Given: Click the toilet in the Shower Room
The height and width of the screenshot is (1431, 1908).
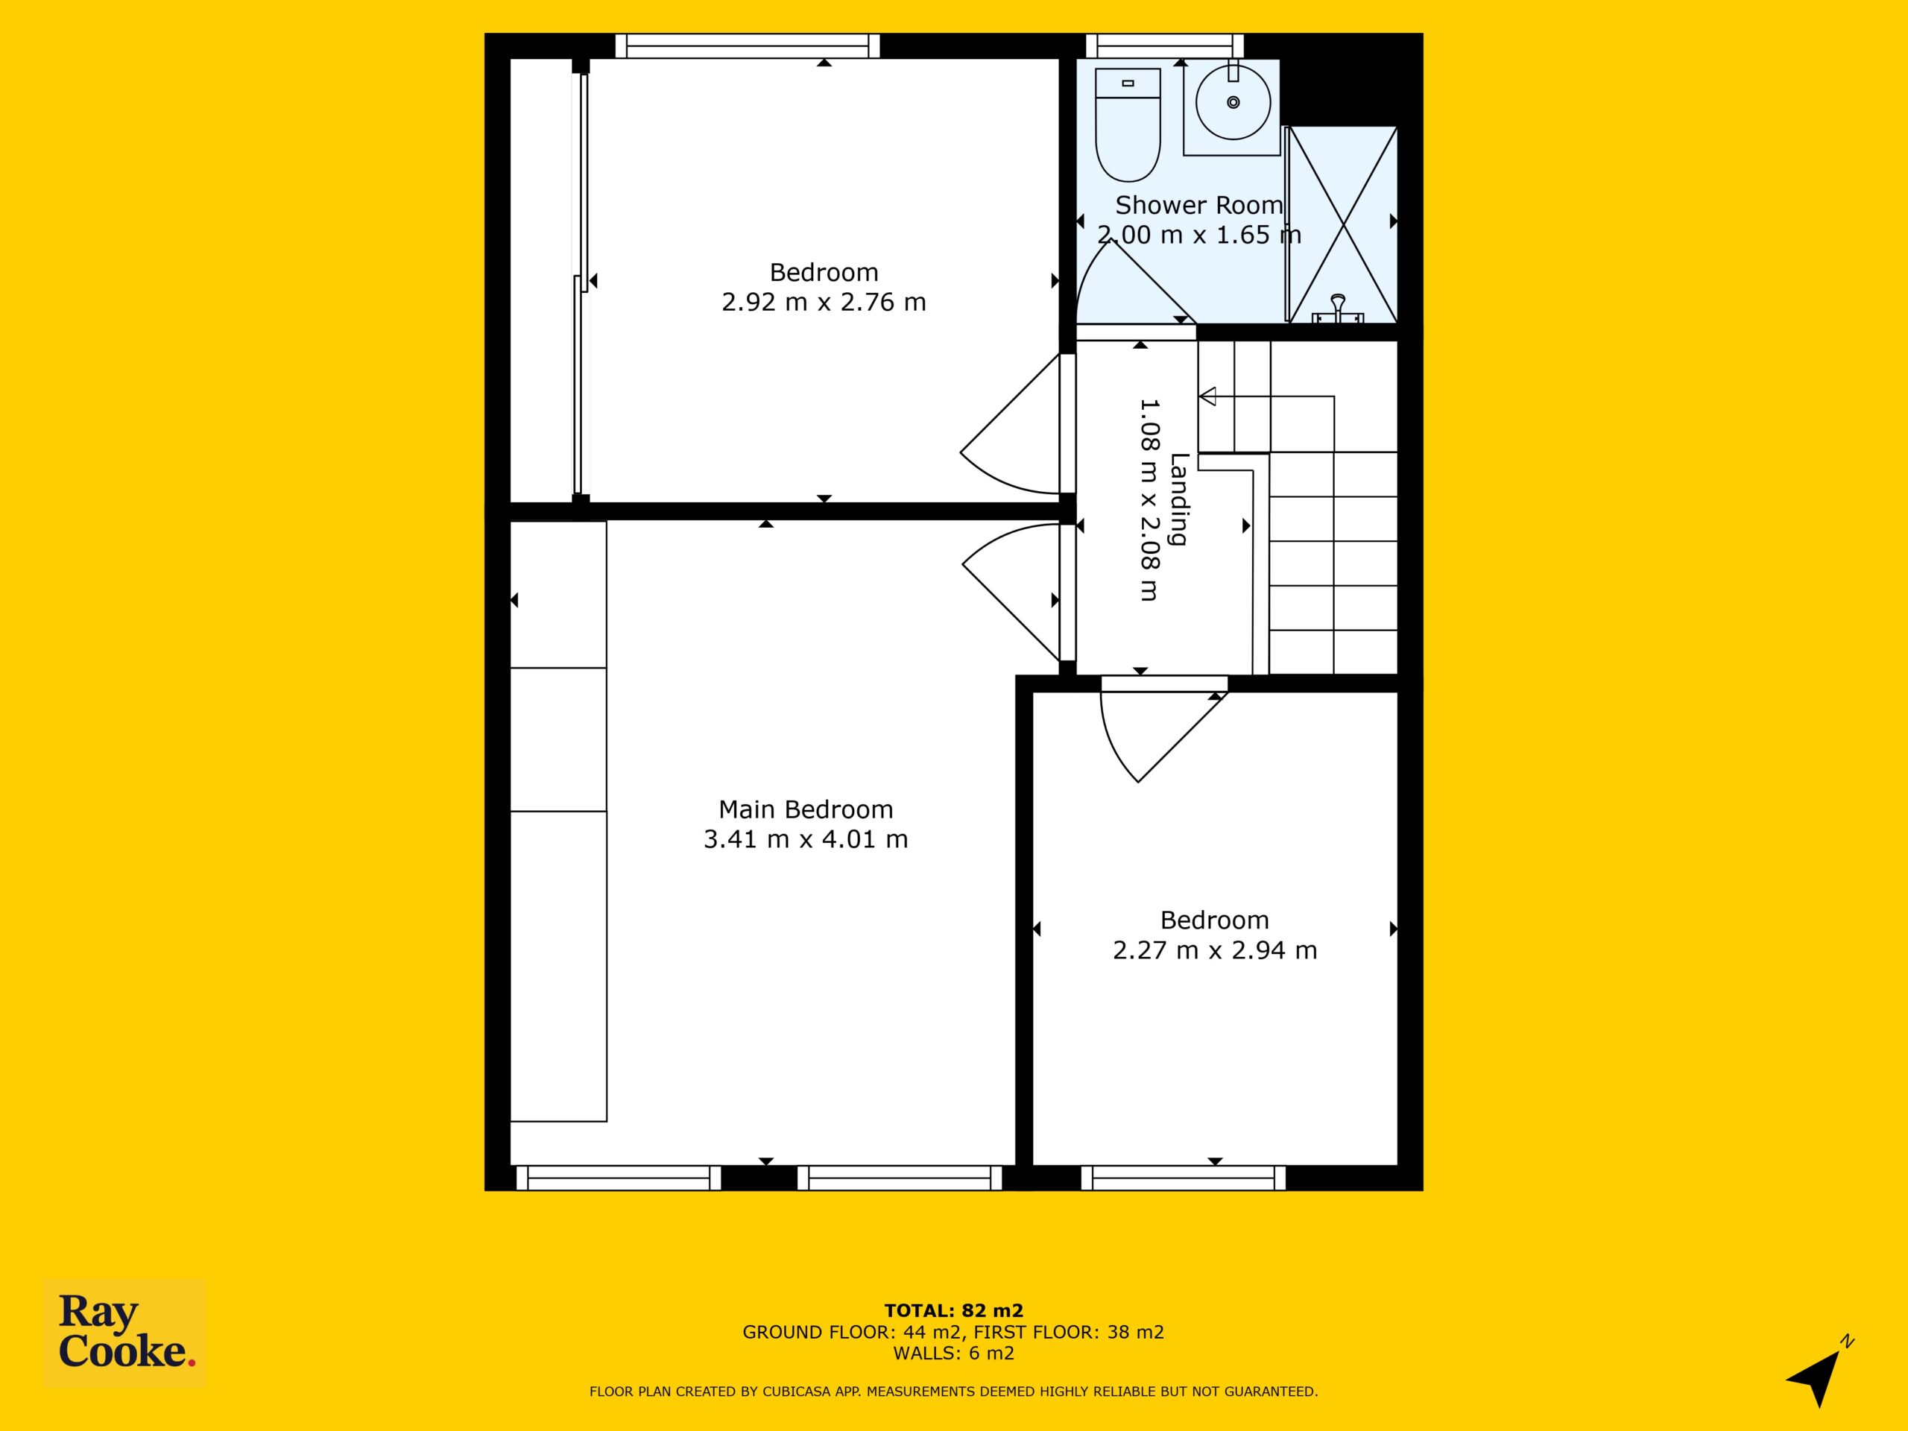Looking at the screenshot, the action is coord(1128,124).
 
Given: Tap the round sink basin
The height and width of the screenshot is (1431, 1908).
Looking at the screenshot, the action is coord(1233,102).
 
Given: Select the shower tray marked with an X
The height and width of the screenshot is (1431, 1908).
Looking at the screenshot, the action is coord(1342,224).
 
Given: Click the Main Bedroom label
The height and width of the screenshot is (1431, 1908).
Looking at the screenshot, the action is coord(806,809).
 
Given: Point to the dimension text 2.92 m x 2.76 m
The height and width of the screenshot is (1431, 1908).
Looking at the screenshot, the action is coord(824,302).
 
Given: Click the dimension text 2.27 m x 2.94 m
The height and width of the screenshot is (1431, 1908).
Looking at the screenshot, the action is coord(1215,950).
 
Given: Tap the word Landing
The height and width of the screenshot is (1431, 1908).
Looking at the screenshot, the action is coord(1179,499).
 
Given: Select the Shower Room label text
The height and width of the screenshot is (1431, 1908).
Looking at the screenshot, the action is coord(1199,205).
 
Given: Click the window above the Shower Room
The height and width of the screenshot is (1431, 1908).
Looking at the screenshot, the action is coord(1164,45).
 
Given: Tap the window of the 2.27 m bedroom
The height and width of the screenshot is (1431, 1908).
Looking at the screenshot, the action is coord(1184,1178).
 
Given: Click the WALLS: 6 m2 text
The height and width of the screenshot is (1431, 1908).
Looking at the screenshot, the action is coord(953,1353).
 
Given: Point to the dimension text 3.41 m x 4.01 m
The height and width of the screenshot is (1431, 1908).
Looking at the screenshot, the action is coord(806,839).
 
